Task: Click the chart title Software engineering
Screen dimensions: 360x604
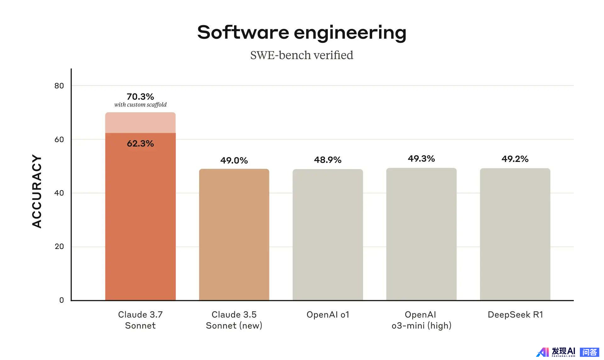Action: click(x=302, y=32)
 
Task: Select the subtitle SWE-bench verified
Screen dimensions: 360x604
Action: click(x=302, y=55)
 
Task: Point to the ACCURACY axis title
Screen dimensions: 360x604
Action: click(x=37, y=191)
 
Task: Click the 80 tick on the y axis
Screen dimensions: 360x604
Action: click(x=59, y=86)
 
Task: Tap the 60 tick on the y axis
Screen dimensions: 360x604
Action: click(x=59, y=140)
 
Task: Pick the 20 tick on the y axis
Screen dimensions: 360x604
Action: click(x=59, y=246)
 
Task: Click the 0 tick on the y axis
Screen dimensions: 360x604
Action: click(x=62, y=300)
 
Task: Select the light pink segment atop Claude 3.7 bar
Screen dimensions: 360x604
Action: click(x=140, y=123)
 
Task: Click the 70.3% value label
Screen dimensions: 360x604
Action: click(x=140, y=97)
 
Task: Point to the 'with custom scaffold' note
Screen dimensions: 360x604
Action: click(x=140, y=105)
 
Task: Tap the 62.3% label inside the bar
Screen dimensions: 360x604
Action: click(x=140, y=144)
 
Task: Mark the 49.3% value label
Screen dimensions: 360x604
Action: click(x=421, y=159)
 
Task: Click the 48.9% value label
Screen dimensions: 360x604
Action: click(x=327, y=160)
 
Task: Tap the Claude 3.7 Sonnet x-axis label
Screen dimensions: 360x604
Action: click(x=140, y=320)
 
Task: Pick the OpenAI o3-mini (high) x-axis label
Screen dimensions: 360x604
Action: click(x=421, y=320)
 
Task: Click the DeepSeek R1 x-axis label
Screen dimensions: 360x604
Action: click(x=515, y=315)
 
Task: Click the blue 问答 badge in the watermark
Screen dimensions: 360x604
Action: click(x=589, y=352)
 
